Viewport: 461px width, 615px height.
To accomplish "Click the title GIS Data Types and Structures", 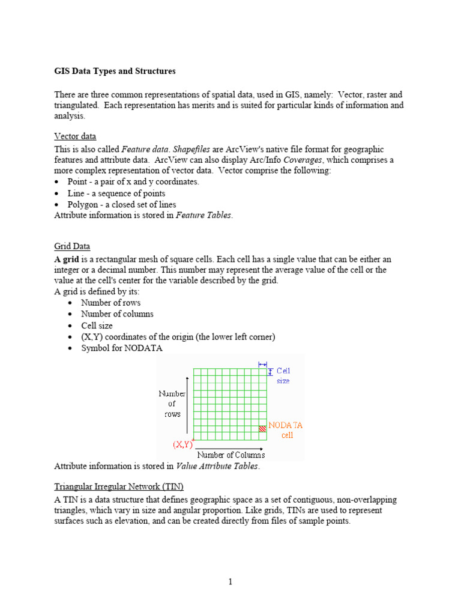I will (115, 71).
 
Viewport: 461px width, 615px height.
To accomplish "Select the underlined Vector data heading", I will (75, 136).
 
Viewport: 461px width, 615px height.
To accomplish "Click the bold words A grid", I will (68, 259).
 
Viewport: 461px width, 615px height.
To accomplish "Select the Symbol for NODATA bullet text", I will (122, 348).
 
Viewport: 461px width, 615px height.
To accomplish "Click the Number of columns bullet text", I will (117, 314).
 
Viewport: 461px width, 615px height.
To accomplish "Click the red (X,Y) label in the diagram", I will (182, 445).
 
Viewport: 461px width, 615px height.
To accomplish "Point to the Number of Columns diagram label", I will (231, 455).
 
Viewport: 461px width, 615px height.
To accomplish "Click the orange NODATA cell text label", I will (286, 430).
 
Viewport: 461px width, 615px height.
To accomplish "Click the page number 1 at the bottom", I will (230, 582).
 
